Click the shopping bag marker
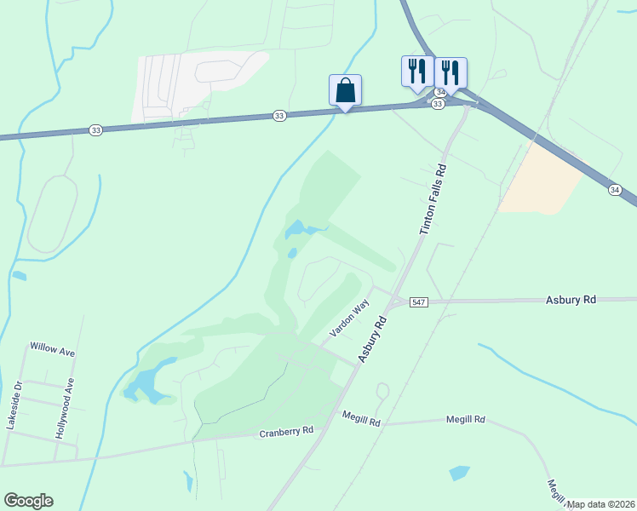[345, 89]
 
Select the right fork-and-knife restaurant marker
[450, 72]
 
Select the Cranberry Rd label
[286, 433]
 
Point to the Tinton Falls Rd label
[433, 200]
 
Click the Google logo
[28, 501]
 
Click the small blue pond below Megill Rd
[459, 472]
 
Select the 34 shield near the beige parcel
[616, 189]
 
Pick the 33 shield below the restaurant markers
[438, 104]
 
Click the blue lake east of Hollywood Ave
[146, 384]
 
